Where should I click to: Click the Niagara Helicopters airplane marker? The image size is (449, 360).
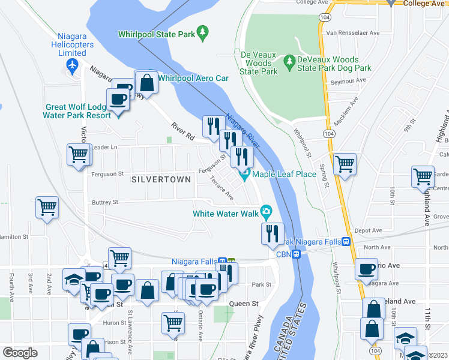tap(73, 65)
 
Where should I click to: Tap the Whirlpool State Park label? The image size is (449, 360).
tap(157, 35)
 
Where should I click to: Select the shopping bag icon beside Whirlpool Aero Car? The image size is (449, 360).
tap(146, 83)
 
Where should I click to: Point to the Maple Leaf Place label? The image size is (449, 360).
tap(284, 175)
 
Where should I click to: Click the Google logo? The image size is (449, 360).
tap(20, 353)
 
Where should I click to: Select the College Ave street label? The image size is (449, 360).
tap(424, 4)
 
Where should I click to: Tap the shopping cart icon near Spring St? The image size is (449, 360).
tap(345, 164)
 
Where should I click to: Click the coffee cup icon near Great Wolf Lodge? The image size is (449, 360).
tap(118, 100)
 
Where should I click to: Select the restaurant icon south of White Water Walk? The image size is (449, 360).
tap(273, 233)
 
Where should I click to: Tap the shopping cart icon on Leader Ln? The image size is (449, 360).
tap(79, 155)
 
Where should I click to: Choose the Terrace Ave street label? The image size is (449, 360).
tap(221, 191)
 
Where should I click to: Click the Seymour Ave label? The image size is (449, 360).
tap(352, 80)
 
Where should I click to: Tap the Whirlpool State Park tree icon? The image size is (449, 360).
tap(203, 31)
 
